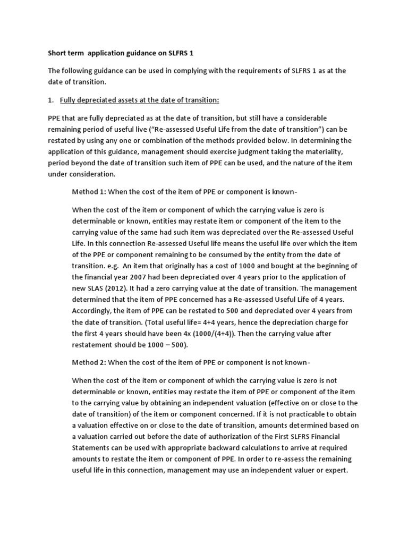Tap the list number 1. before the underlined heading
click(51, 100)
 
